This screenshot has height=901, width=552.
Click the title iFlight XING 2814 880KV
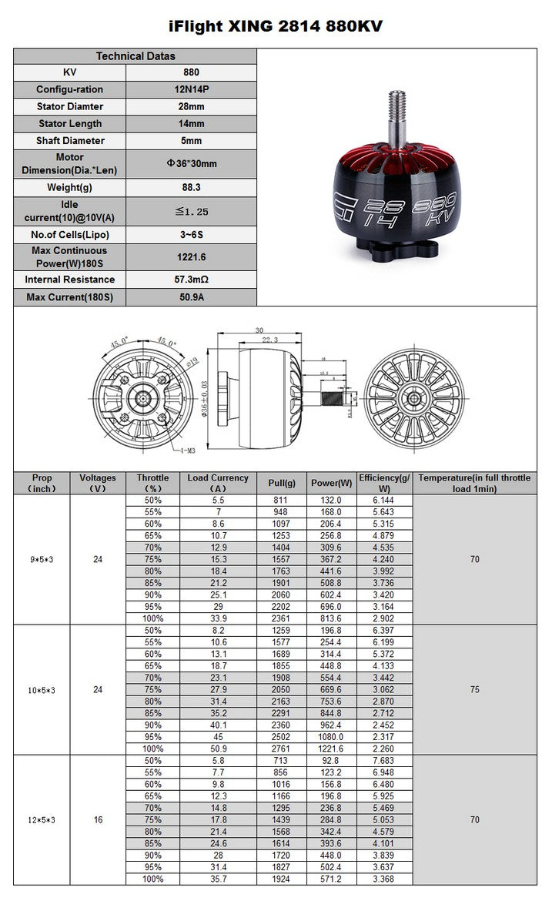click(276, 26)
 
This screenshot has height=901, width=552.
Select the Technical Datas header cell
click(135, 55)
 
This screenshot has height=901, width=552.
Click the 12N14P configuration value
click(191, 89)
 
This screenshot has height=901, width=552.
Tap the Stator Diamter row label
click(69, 106)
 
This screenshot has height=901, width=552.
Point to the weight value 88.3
click(191, 187)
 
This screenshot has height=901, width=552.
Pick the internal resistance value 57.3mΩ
click(191, 280)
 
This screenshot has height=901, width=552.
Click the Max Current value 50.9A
click(191, 297)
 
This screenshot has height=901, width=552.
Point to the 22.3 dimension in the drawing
click(269, 339)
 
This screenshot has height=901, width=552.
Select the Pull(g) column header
click(282, 483)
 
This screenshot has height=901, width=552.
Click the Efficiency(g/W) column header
click(385, 483)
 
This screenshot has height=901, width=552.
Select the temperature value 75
click(474, 690)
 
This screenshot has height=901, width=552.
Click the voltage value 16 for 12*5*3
click(98, 820)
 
